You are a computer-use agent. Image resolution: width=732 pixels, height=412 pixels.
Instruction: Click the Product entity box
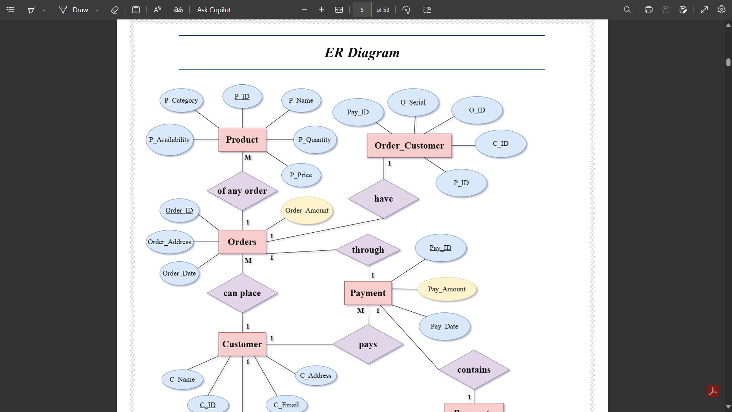(242, 140)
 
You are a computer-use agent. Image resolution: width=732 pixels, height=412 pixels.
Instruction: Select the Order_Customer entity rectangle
(409, 146)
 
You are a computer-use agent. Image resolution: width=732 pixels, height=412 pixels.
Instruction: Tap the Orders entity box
(242, 242)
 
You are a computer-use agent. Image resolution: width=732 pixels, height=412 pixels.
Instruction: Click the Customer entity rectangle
(242, 344)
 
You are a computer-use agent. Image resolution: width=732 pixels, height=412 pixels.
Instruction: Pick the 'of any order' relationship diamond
(242, 191)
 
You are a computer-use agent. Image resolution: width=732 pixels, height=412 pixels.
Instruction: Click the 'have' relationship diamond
(384, 199)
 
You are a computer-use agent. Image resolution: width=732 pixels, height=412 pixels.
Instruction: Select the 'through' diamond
(368, 250)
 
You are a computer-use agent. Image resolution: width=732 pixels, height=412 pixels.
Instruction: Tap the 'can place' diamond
(242, 293)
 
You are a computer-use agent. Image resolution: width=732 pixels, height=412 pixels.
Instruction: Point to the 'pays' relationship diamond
(368, 344)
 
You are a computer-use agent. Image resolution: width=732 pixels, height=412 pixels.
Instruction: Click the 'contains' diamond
(474, 370)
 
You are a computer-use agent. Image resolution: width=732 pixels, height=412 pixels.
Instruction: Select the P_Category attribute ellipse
(181, 100)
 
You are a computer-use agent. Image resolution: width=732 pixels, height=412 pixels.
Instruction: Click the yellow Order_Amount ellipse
(307, 211)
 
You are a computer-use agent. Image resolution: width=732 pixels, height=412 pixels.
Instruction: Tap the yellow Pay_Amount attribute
(447, 289)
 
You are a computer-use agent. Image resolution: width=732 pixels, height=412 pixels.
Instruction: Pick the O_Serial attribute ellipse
(413, 102)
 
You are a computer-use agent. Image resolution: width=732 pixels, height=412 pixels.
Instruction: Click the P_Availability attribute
(169, 140)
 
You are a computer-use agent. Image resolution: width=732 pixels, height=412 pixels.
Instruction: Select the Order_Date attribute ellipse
(179, 273)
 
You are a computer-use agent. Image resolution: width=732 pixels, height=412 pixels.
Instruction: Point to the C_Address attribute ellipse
(316, 375)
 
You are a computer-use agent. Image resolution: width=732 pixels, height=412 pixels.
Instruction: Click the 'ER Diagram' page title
(362, 53)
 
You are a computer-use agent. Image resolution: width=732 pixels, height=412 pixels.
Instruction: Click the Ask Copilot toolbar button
(214, 10)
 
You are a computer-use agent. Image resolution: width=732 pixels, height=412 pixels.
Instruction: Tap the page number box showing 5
(362, 10)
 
